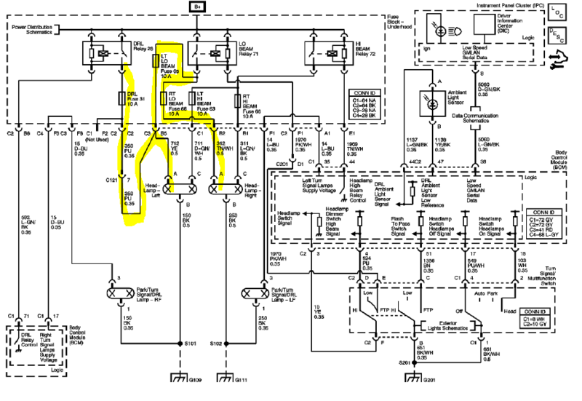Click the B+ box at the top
[x=197, y=7]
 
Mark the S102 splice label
[x=215, y=342]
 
